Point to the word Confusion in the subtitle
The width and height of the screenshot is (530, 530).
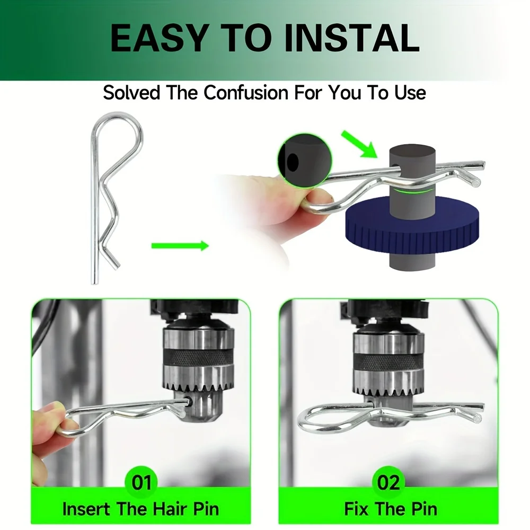(246, 92)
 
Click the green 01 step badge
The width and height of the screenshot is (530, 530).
(142, 482)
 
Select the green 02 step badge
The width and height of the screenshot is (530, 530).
(388, 482)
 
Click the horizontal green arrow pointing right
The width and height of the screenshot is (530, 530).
(180, 246)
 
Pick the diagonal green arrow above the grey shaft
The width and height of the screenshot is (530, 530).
(359, 144)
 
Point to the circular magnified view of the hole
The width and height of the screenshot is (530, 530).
(305, 161)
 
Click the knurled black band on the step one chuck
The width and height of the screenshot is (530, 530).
(198, 356)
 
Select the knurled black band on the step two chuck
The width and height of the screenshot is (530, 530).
(388, 360)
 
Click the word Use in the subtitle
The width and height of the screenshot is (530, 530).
(410, 92)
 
